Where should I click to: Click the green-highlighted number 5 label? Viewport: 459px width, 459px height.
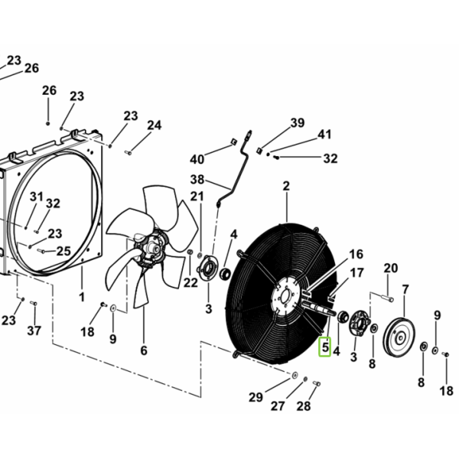[x=324, y=347]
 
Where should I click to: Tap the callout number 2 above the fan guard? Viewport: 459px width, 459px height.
[x=286, y=186]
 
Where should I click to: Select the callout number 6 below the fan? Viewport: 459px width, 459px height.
[x=144, y=350]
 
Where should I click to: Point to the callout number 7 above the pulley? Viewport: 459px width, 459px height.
[x=405, y=290]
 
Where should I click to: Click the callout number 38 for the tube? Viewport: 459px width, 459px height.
[x=197, y=180]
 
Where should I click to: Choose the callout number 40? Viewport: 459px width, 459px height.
[x=197, y=160]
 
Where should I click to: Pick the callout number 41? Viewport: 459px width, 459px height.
[x=324, y=135]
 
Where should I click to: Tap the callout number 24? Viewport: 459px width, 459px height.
[x=155, y=125]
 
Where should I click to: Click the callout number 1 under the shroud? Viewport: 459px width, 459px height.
[x=82, y=297]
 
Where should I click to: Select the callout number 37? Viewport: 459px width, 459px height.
[x=34, y=330]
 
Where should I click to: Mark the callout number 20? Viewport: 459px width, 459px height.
[x=391, y=269]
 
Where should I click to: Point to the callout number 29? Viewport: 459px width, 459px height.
[x=256, y=397]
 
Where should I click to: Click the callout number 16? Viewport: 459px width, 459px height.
[x=356, y=254]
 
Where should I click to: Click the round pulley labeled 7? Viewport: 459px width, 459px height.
[x=399, y=337]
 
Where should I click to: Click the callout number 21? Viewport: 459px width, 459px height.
[x=197, y=197]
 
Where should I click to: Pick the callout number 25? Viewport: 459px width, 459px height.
[x=63, y=251]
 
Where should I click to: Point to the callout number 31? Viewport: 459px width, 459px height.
[x=36, y=197]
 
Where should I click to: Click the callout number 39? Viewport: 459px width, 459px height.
[x=298, y=122]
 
